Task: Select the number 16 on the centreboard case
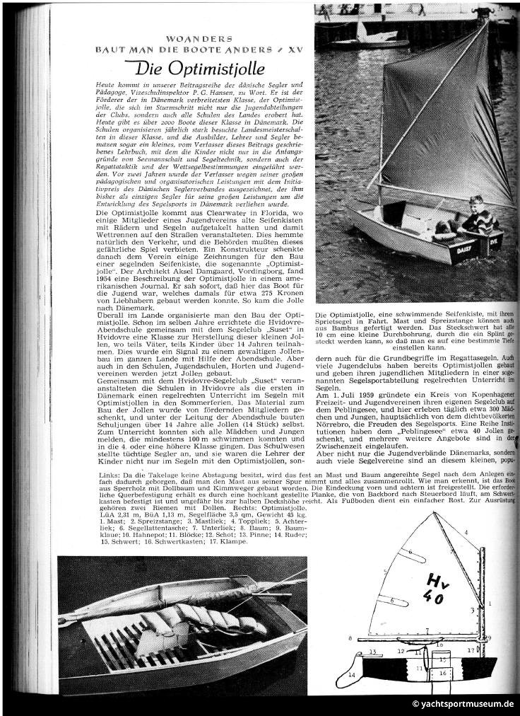coord(444,673)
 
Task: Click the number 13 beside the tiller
coord(372,651)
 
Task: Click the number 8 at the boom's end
coord(350,638)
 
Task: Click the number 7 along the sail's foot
coord(427,630)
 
